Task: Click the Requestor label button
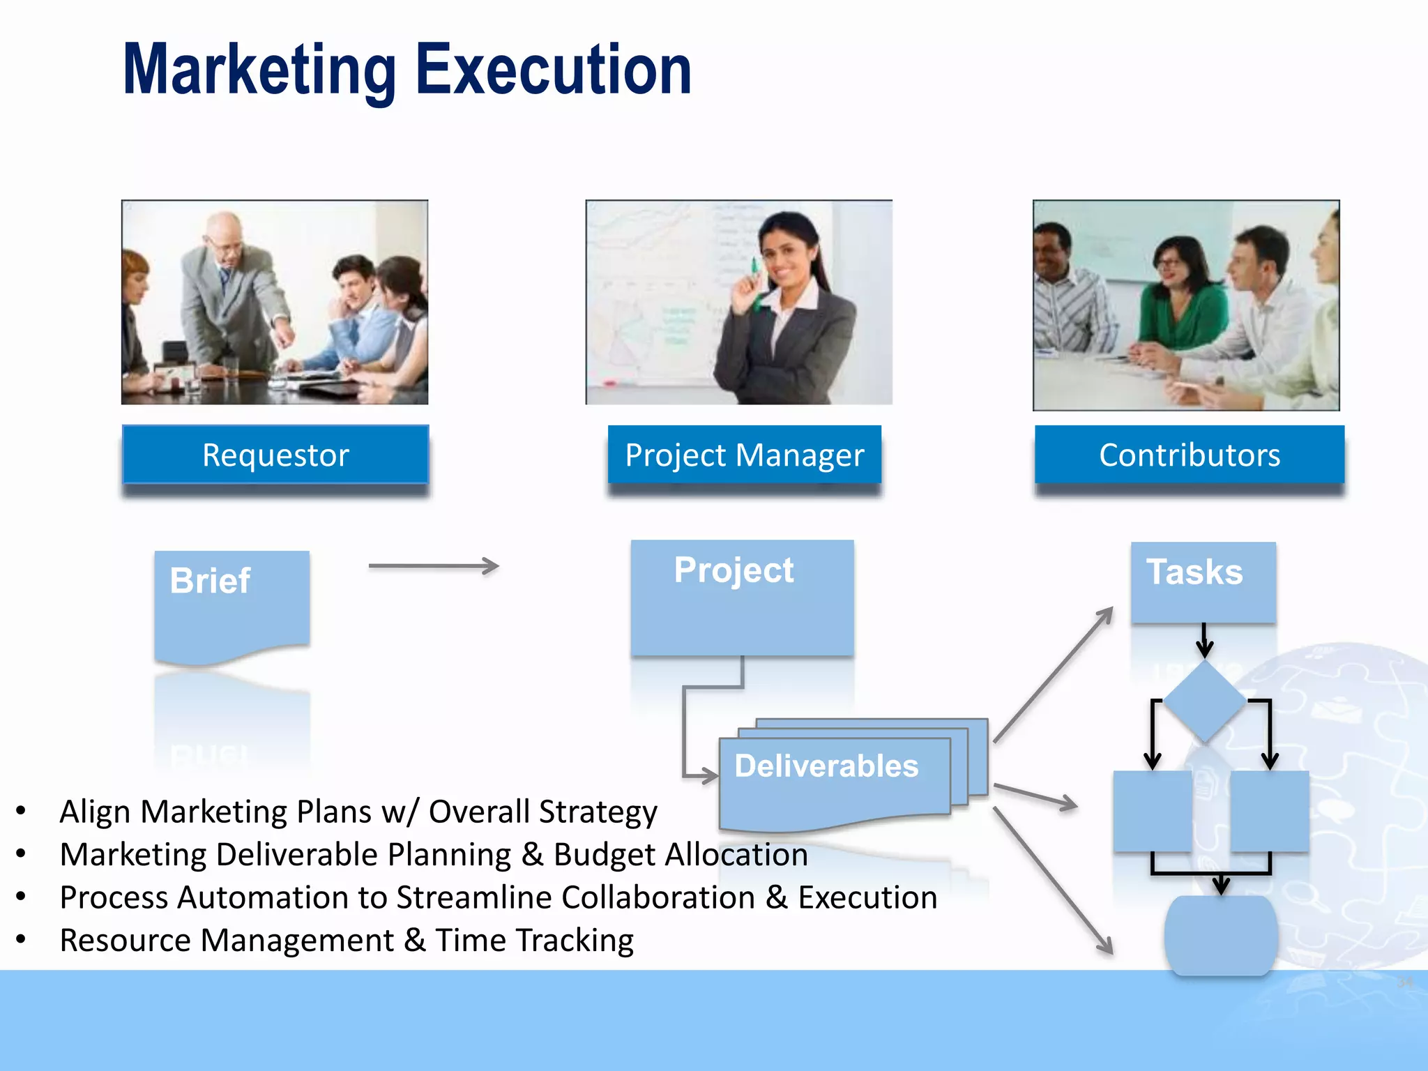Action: [x=275, y=455]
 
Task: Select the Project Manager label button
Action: [x=744, y=455]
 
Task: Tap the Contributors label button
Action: [x=1189, y=455]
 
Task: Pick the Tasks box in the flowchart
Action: [x=1203, y=582]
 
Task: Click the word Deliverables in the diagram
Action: [x=826, y=766]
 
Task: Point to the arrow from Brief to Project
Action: [x=433, y=565]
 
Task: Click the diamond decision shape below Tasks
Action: [x=1204, y=701]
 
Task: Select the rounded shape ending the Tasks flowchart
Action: [x=1220, y=934]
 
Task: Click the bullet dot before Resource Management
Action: [x=21, y=940]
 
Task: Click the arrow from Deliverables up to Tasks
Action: [x=1053, y=674]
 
